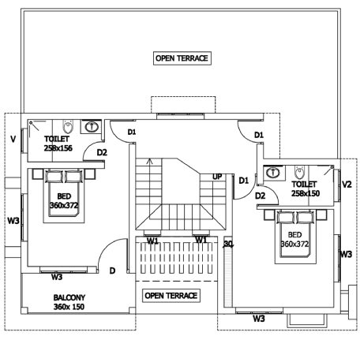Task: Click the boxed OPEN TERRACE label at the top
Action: [x=182, y=58]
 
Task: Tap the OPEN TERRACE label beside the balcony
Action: [x=171, y=296]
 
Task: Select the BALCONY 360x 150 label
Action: [x=69, y=302]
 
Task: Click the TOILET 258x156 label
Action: [x=58, y=144]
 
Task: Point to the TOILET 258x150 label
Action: [x=306, y=188]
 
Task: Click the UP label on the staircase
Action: [x=217, y=177]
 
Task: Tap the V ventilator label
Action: [x=13, y=139]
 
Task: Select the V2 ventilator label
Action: [x=347, y=185]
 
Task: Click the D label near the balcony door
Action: [x=112, y=271]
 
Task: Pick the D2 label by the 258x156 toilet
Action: [x=102, y=152]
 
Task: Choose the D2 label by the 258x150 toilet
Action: [x=260, y=196]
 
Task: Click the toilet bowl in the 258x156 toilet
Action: [x=68, y=127]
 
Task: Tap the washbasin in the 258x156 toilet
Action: [x=92, y=127]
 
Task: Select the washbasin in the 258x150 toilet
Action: [x=273, y=173]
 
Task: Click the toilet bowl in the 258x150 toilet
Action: [x=299, y=173]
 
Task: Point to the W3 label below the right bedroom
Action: [x=259, y=319]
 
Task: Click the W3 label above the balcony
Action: [x=57, y=277]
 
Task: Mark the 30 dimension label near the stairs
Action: [x=228, y=244]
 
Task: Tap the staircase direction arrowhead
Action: [x=149, y=160]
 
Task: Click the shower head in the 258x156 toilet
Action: [x=31, y=122]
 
